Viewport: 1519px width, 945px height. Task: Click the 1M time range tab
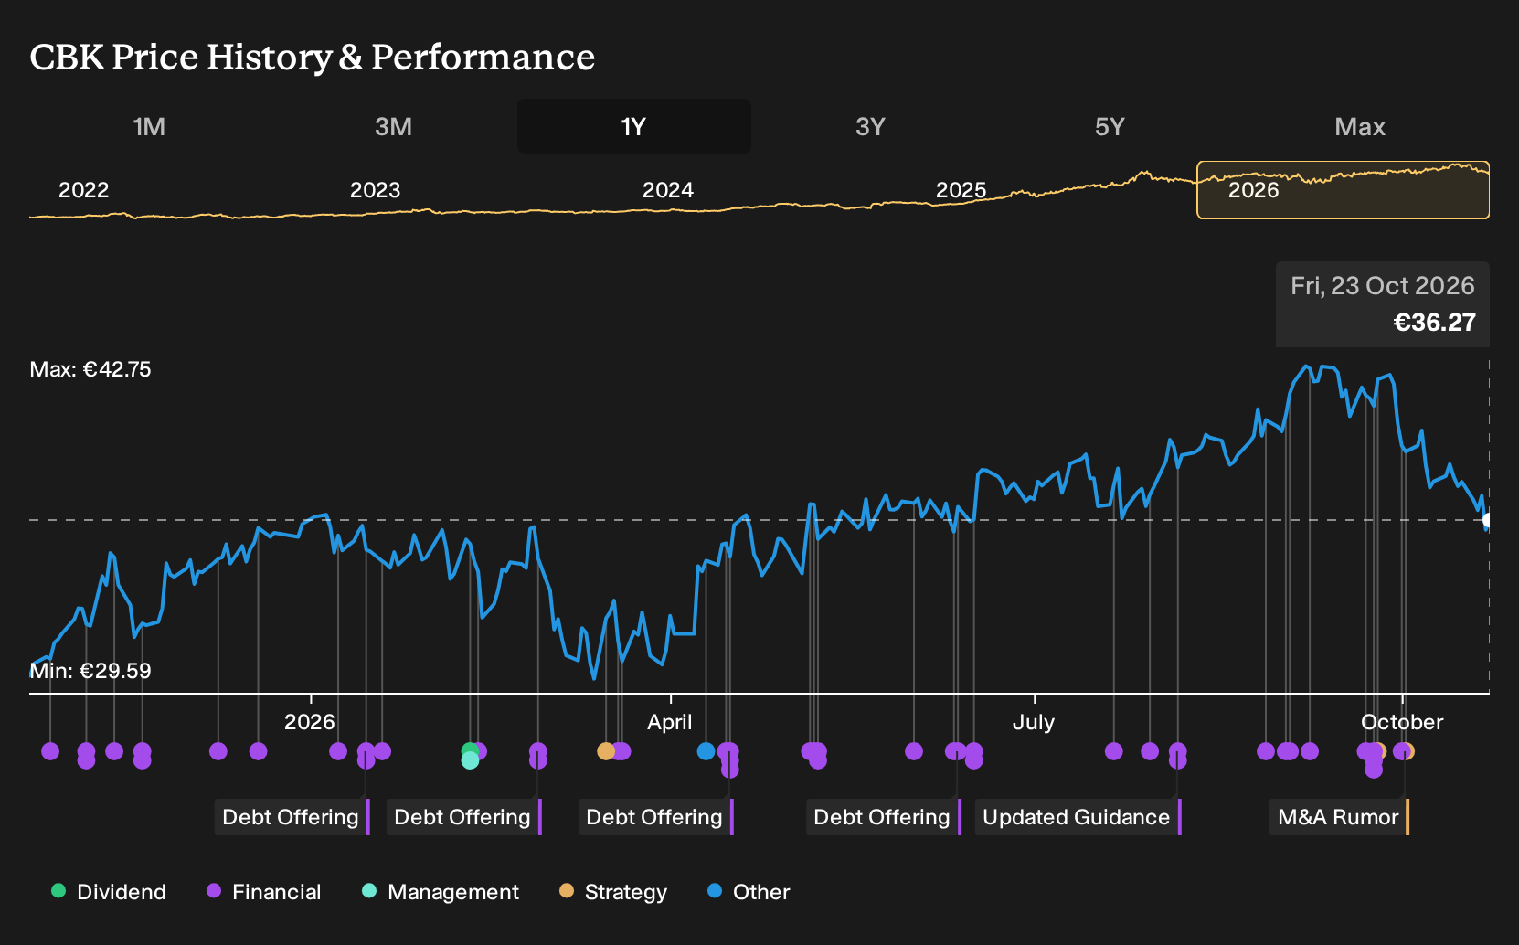[149, 127]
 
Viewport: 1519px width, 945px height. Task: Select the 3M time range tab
[393, 127]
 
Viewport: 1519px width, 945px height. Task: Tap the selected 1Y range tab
[634, 127]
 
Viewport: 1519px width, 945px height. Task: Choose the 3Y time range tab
[871, 127]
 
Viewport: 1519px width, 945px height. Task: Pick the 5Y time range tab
[1110, 127]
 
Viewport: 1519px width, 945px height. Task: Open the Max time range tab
[1360, 127]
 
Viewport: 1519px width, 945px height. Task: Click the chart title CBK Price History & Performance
[312, 57]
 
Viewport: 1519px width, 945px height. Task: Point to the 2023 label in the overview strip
[375, 190]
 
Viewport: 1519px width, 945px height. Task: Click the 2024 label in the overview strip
[668, 190]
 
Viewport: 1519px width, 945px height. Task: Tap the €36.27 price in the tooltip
[1434, 323]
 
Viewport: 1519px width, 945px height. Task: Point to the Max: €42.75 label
[90, 369]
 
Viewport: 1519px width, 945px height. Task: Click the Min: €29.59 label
[90, 671]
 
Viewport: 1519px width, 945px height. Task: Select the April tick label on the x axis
[669, 723]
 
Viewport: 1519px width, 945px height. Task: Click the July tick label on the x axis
[1034, 723]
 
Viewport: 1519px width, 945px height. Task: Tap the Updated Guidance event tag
[1078, 817]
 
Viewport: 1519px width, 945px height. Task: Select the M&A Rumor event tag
[1339, 817]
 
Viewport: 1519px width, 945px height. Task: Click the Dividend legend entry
[109, 892]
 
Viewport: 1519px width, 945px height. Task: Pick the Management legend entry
[441, 892]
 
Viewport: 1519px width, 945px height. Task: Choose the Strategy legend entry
[613, 892]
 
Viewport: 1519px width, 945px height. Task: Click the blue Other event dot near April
[706, 751]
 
